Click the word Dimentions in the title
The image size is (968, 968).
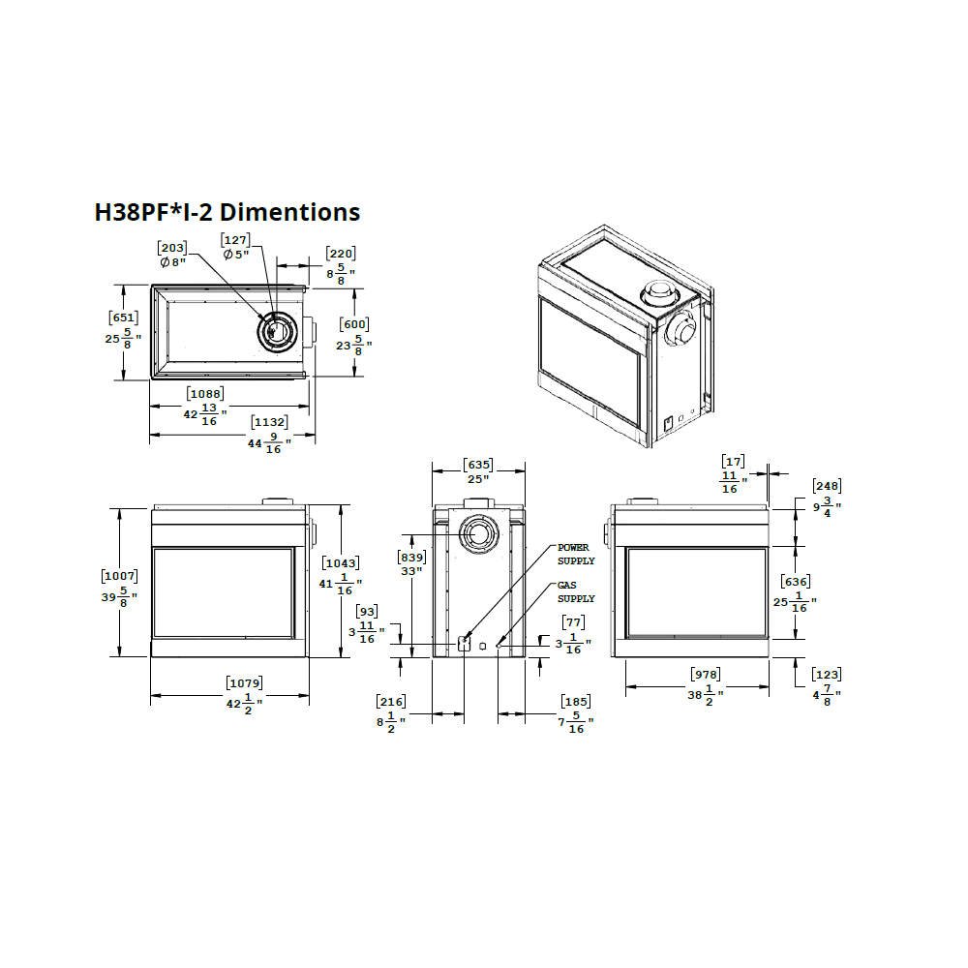pos(289,212)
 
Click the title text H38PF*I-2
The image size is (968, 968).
pos(153,212)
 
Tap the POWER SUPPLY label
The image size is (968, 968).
pos(576,555)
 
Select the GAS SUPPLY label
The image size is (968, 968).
pos(576,592)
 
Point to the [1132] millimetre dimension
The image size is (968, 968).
pos(270,422)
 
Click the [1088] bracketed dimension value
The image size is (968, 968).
pos(205,394)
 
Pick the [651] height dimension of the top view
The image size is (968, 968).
pos(124,318)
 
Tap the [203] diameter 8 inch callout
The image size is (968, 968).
pos(172,255)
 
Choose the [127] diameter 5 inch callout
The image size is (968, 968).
pos(236,247)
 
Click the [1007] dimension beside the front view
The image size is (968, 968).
pos(120,576)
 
